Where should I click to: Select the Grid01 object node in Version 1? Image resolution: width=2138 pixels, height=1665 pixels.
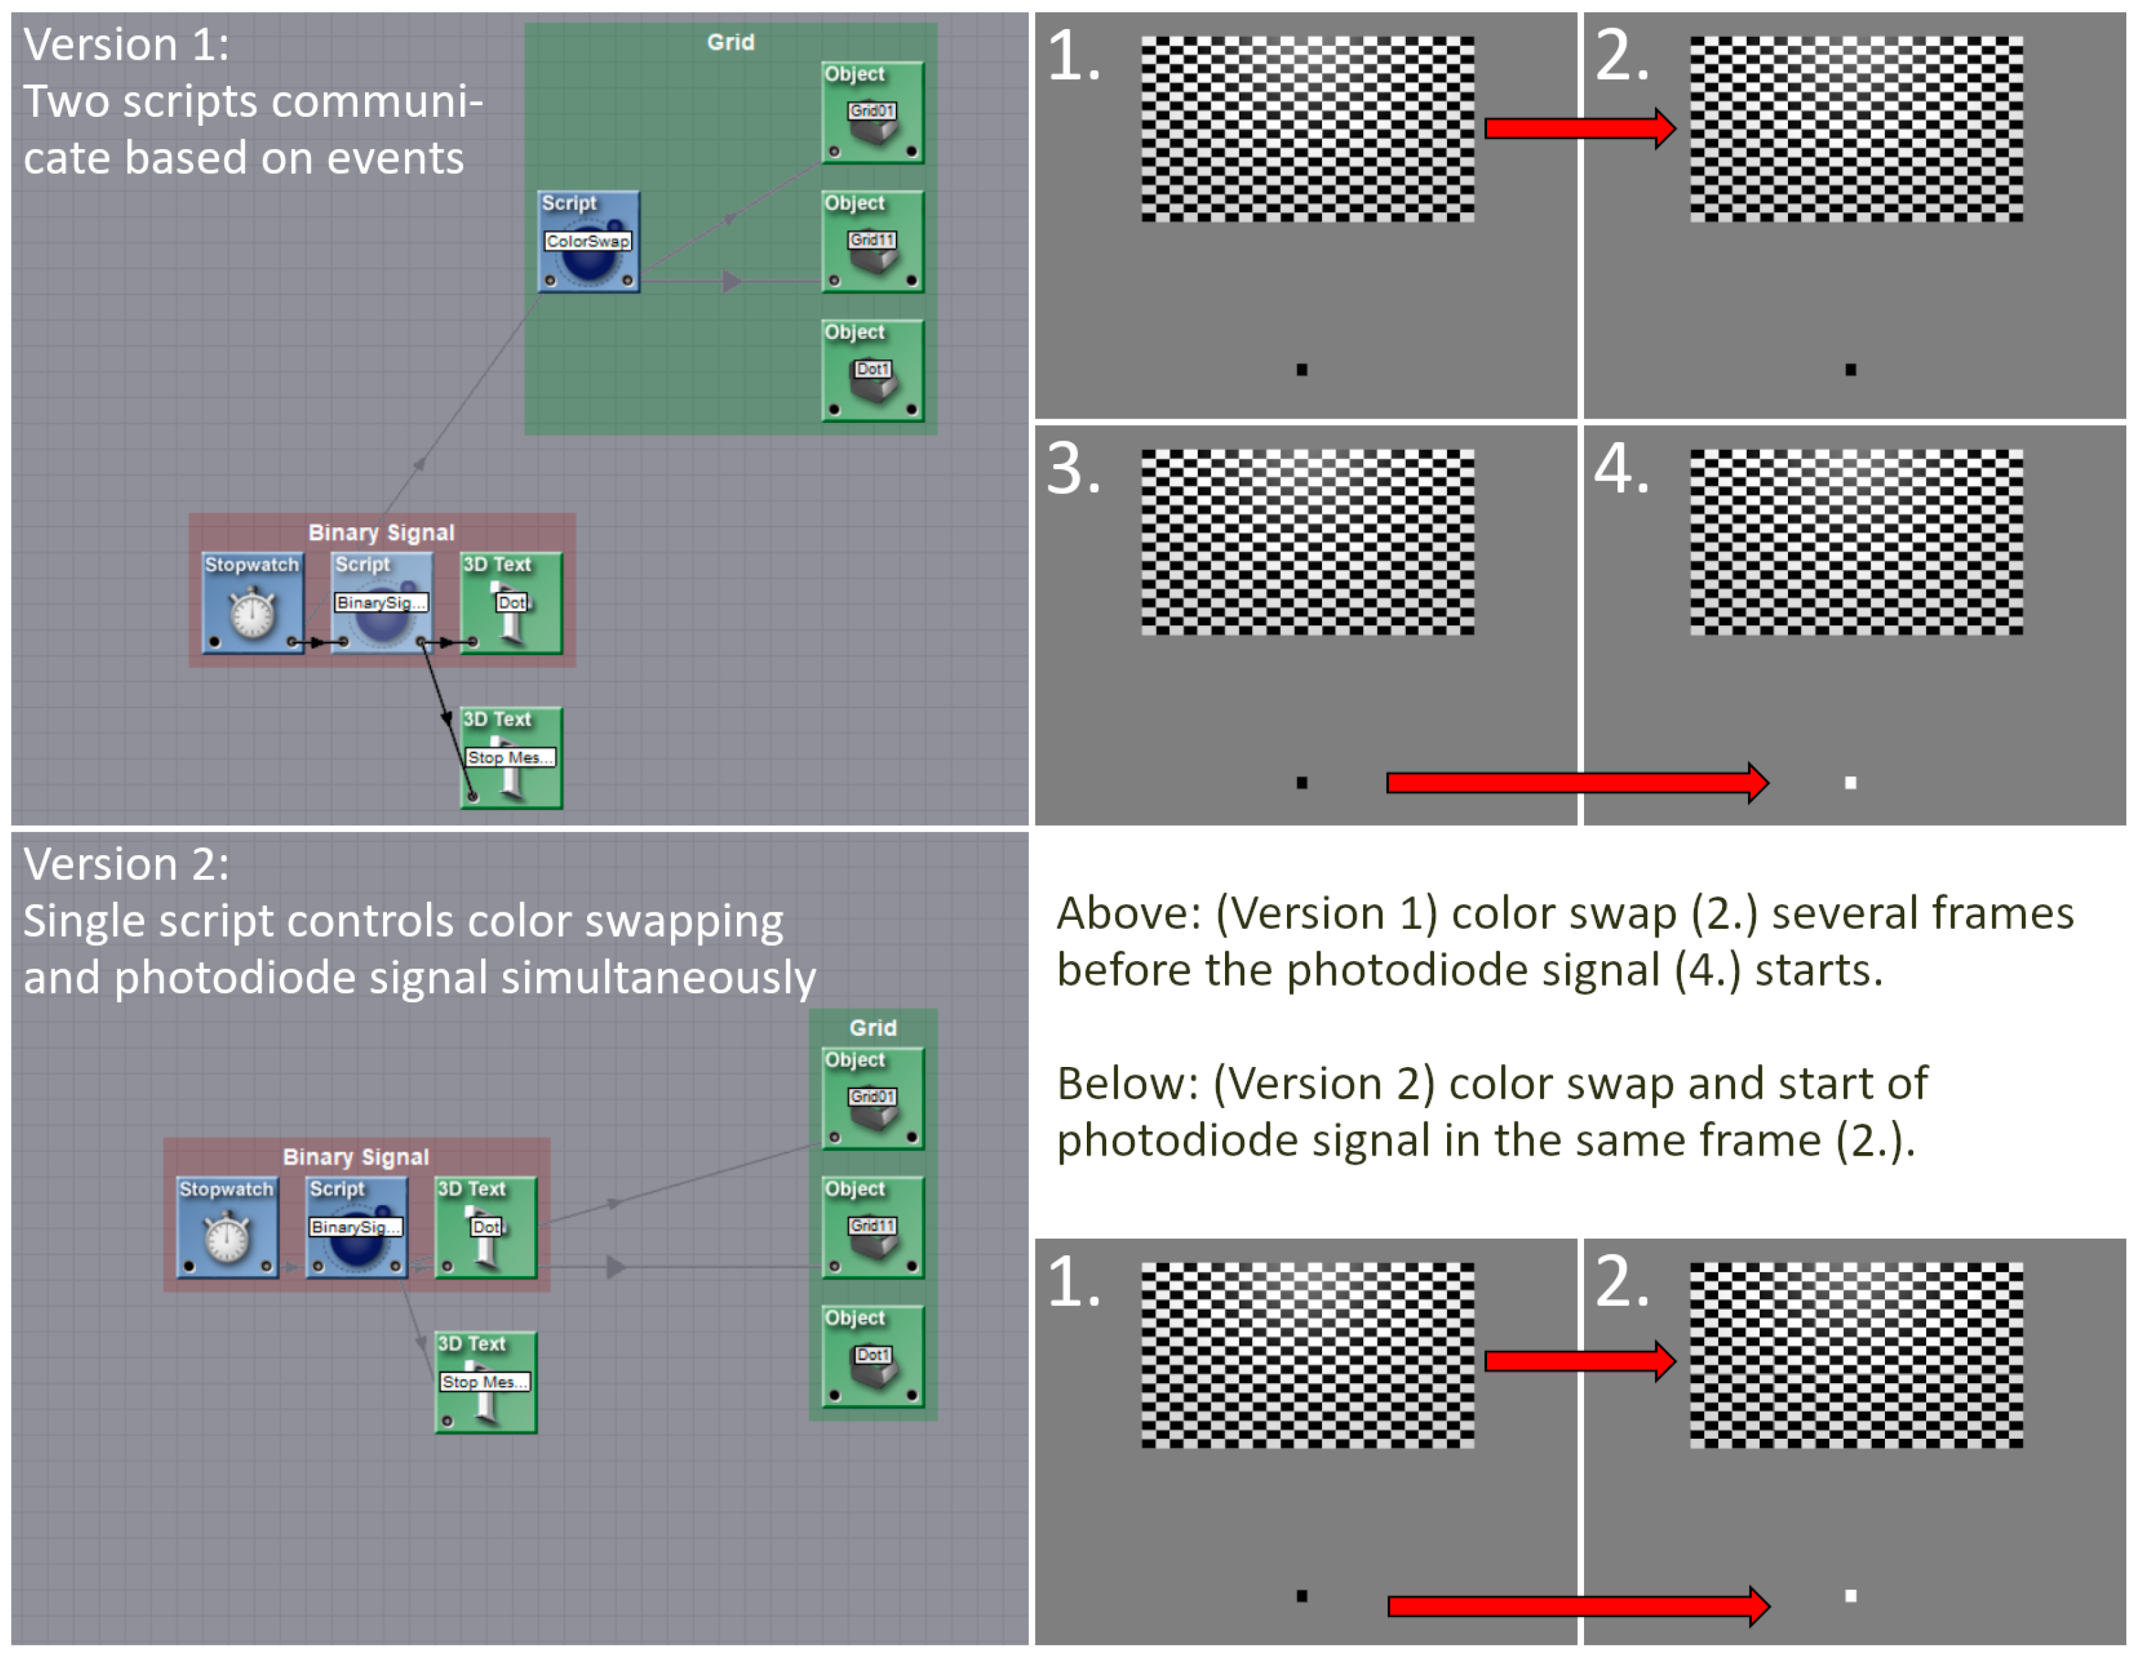872,113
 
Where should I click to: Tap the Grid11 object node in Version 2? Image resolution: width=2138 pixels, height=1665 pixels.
872,1228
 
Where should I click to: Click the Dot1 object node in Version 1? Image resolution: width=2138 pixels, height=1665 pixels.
872,371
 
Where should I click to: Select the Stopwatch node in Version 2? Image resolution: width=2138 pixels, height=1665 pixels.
227,1228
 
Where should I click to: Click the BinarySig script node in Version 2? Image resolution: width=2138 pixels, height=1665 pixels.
356,1228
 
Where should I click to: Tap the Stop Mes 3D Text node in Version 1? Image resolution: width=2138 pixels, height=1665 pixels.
511,758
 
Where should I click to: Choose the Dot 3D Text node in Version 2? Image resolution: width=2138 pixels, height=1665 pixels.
485,1228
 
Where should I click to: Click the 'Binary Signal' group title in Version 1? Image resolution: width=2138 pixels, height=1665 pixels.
381,533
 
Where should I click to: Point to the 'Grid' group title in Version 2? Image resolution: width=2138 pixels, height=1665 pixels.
872,1028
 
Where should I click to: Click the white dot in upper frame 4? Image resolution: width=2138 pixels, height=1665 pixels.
1850,783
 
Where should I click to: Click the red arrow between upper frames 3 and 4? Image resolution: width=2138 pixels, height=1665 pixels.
1576,782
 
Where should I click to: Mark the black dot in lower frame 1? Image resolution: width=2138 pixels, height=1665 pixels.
1302,1596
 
